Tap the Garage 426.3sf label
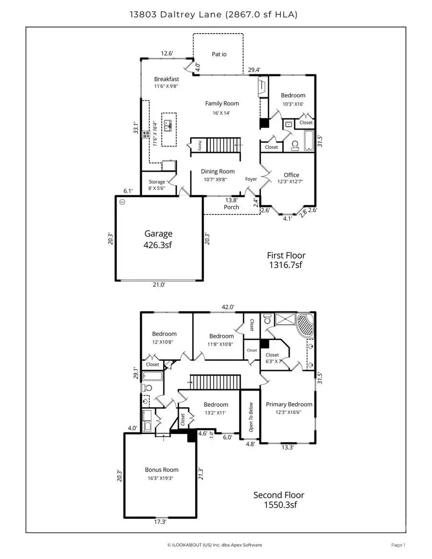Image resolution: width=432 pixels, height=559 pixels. (158, 238)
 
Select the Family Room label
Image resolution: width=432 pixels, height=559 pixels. (222, 104)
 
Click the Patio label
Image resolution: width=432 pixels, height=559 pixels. (219, 54)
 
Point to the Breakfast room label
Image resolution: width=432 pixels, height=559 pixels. (167, 79)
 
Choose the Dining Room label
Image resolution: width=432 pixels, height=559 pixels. (217, 171)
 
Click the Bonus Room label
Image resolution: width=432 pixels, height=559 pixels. (161, 470)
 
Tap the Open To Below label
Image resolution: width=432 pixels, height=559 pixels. (250, 417)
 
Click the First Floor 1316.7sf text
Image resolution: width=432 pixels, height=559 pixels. (286, 260)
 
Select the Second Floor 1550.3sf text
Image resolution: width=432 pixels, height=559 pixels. (279, 500)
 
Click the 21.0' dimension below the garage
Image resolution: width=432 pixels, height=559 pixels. (159, 285)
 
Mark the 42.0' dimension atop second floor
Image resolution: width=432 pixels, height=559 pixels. (228, 307)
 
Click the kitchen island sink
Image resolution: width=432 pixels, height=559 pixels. (168, 126)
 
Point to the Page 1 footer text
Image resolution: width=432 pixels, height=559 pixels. (398, 545)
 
